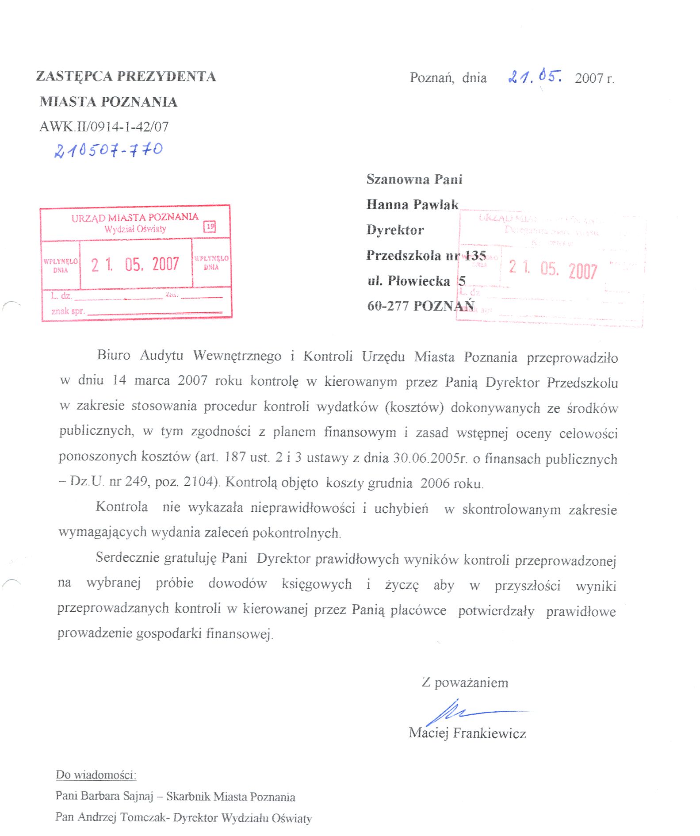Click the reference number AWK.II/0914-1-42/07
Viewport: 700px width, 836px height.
104,127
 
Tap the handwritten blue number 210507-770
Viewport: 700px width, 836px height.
108,150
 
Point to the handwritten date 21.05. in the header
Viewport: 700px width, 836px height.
535,77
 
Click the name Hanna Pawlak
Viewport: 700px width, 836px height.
412,204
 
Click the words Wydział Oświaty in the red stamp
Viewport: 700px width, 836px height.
135,229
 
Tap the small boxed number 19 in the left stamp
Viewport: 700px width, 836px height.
210,227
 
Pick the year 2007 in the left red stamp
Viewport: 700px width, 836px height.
165,265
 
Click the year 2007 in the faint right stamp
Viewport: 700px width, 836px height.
582,271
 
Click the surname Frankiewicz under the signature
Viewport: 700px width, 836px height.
490,733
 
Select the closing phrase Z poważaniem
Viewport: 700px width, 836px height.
465,683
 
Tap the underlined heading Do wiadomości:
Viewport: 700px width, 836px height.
96,775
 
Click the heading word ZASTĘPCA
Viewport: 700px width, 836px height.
73,77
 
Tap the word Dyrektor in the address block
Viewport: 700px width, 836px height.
395,230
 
